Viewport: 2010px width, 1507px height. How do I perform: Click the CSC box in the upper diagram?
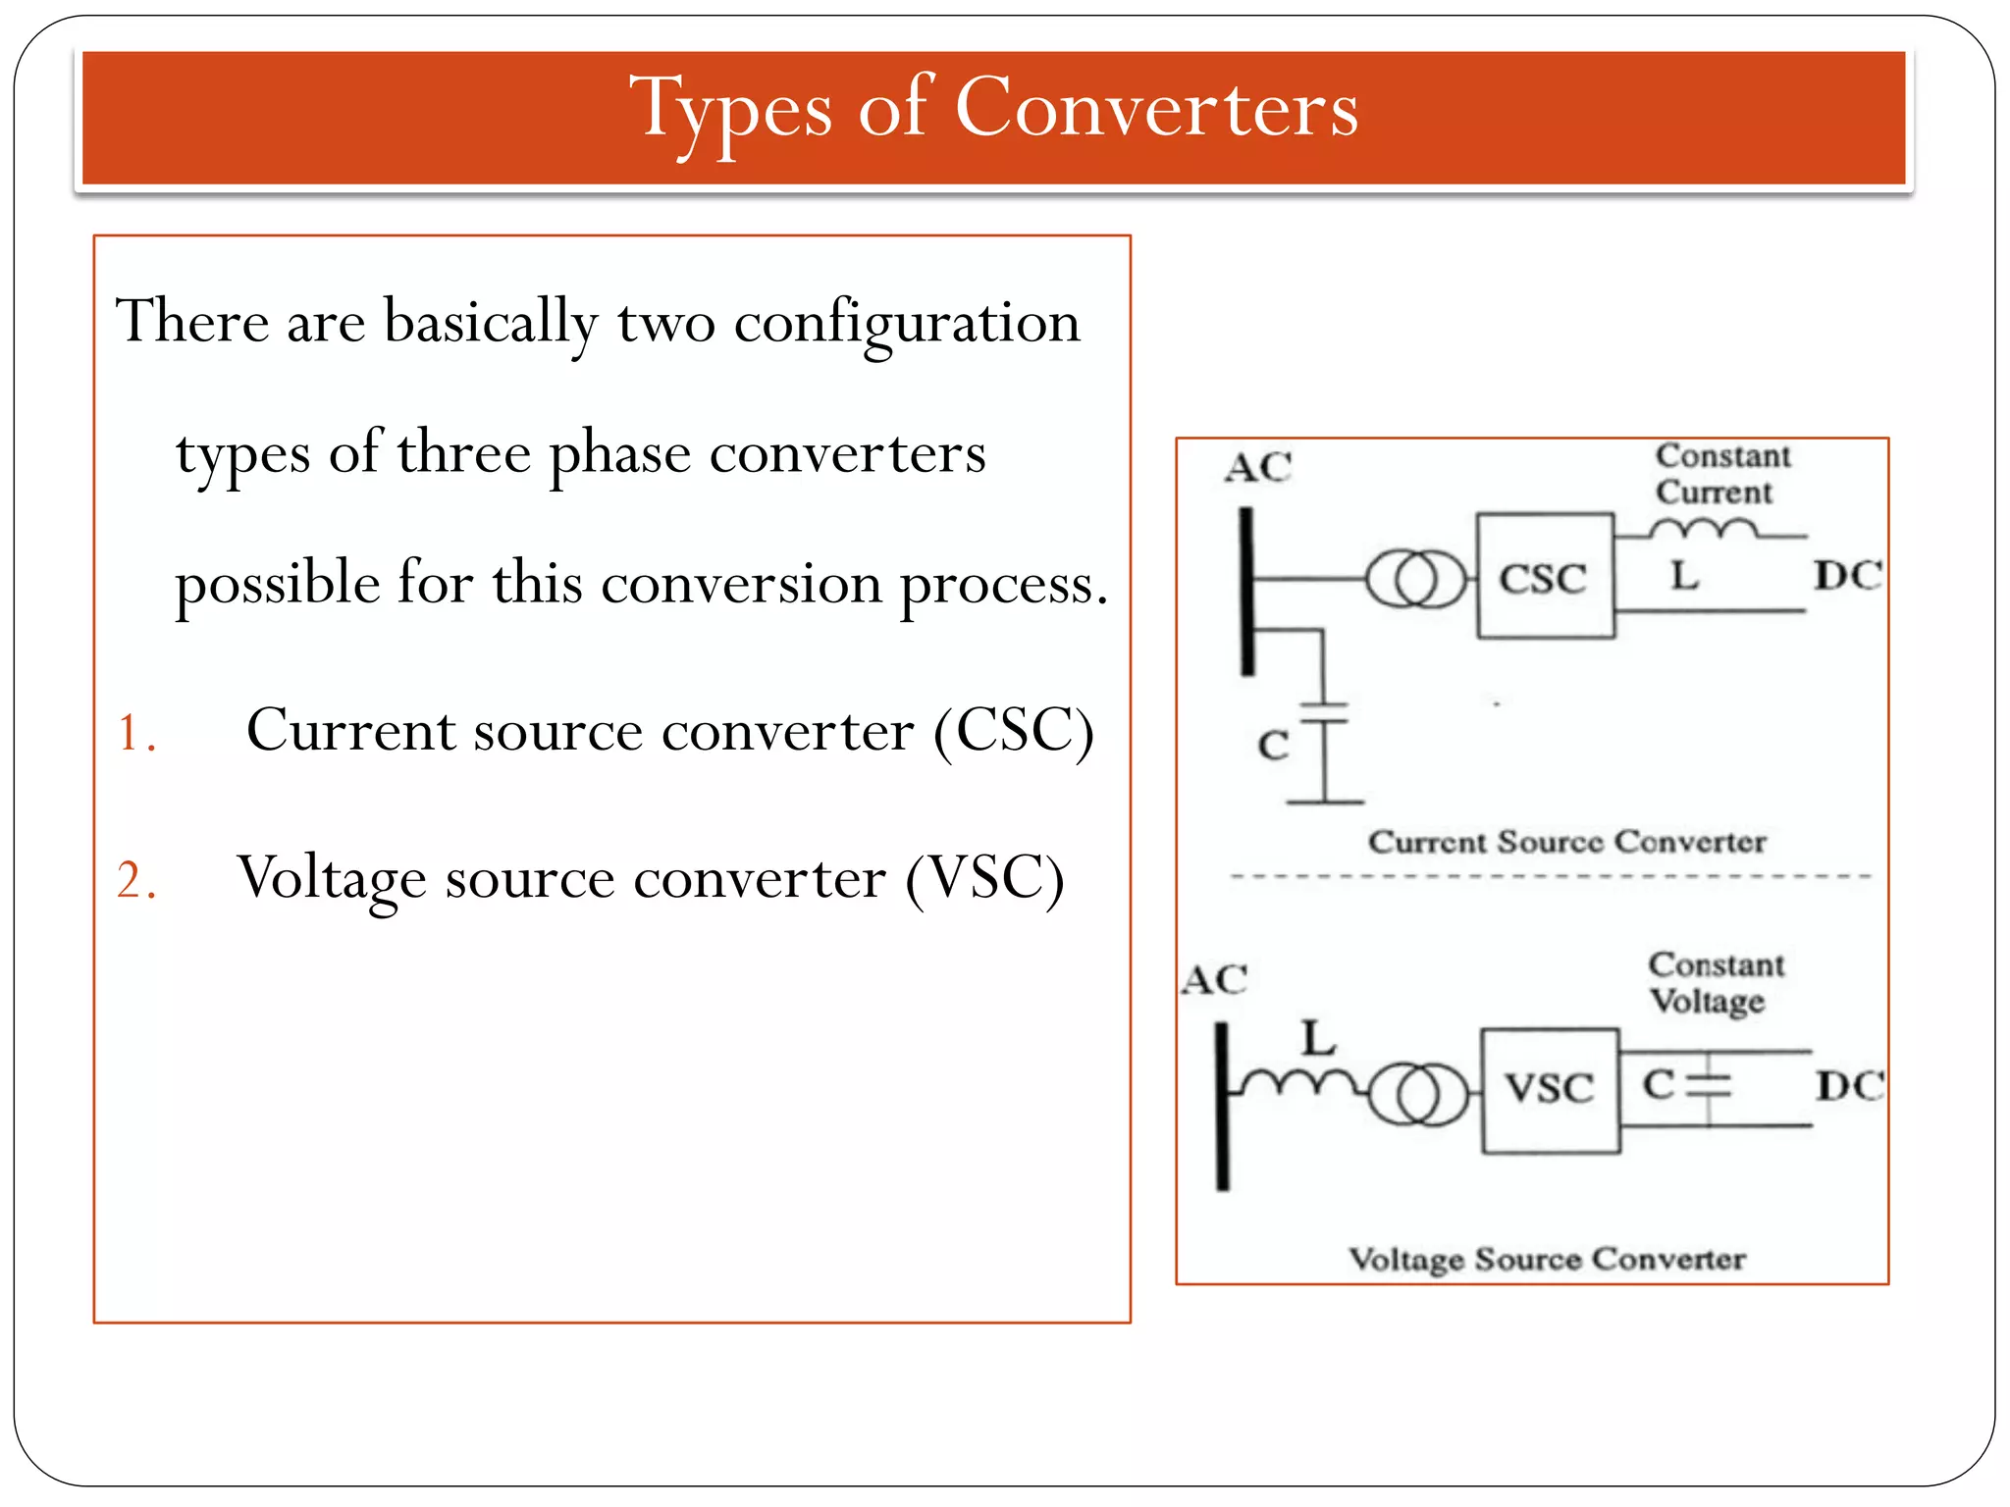(1545, 577)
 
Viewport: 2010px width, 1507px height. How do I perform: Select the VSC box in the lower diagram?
(1550, 1090)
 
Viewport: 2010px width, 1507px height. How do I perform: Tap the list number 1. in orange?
(135, 733)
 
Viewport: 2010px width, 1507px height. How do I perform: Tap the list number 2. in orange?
(135, 880)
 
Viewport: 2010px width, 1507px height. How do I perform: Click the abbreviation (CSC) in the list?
(1013, 731)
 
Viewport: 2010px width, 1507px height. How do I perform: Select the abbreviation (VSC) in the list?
(984, 878)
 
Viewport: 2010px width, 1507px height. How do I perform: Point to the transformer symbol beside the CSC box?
(1415, 579)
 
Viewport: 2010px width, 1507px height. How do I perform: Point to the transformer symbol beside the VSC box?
(1418, 1094)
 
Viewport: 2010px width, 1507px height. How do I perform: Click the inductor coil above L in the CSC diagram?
(1703, 531)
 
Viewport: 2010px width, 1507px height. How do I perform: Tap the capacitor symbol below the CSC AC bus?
(1324, 713)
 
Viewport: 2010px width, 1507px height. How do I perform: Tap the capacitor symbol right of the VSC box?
(1710, 1084)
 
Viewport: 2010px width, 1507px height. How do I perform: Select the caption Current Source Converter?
(1566, 842)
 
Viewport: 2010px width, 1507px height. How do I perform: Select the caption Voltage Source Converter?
(1547, 1259)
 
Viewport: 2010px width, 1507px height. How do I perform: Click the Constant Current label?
(1721, 474)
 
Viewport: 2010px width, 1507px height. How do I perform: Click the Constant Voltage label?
(1715, 983)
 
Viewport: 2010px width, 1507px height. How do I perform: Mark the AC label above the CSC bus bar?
(1257, 467)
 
